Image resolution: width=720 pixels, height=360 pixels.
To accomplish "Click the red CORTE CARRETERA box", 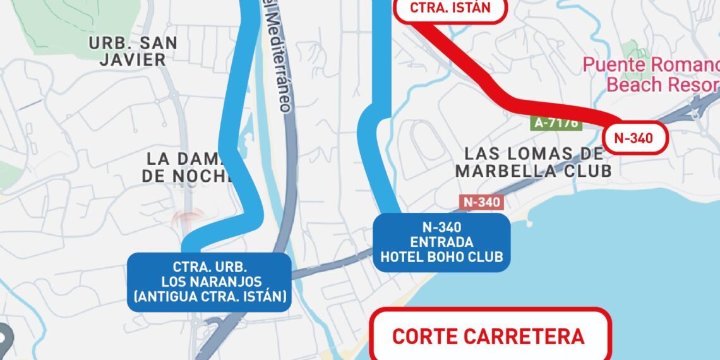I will pyautogui.click(x=490, y=335).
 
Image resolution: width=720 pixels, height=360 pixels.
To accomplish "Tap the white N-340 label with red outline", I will pyautogui.click(x=633, y=138).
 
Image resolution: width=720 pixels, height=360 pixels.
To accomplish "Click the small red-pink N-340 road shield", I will pyautogui.click(x=482, y=202).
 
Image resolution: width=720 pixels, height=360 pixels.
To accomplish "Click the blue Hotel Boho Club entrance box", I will pyautogui.click(x=441, y=243).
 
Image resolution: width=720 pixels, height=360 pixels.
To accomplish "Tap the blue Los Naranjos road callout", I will pyautogui.click(x=209, y=282).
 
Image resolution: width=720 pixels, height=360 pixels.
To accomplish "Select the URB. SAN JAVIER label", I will pyautogui.click(x=133, y=51).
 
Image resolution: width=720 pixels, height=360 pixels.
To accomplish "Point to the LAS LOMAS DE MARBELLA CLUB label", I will pyautogui.click(x=534, y=162).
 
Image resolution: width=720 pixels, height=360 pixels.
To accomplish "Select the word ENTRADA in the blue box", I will pyautogui.click(x=441, y=243).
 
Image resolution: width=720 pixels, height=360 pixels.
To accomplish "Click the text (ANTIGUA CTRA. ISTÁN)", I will pyautogui.click(x=209, y=296).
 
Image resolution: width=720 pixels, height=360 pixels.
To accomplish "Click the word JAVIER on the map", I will pyautogui.click(x=133, y=60).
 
